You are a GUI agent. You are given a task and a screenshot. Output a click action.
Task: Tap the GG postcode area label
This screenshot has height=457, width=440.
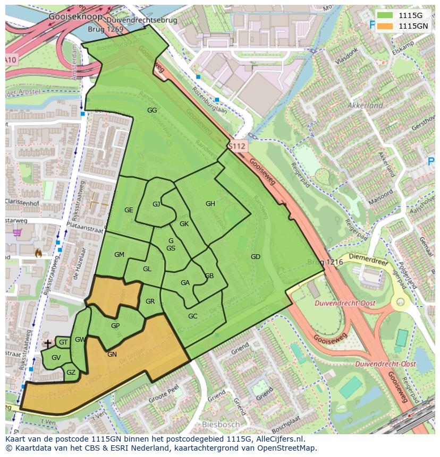[x=152, y=110]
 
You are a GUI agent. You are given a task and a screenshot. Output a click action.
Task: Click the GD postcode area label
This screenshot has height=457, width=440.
[x=256, y=257]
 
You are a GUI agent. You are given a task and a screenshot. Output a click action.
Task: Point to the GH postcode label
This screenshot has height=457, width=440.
[x=210, y=204]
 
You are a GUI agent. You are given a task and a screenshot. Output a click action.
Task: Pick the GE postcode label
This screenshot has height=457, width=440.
[x=129, y=210]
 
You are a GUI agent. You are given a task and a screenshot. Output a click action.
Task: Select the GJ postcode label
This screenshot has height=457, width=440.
[x=156, y=204]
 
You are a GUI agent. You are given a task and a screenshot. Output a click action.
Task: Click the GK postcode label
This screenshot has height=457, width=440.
[x=184, y=224]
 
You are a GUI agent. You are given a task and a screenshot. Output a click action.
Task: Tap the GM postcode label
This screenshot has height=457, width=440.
[x=119, y=255]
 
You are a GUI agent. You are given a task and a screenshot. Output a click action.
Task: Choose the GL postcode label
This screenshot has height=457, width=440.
[x=147, y=269]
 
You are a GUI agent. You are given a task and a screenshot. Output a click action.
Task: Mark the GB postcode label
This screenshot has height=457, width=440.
[x=209, y=276]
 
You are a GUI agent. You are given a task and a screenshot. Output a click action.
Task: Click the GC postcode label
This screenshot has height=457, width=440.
[x=192, y=316]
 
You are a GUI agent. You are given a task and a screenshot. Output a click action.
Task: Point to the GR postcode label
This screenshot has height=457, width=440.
[x=150, y=301]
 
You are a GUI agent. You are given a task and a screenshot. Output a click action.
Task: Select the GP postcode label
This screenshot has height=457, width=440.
[x=115, y=326]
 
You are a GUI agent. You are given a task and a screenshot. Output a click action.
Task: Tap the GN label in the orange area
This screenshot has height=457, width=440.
[x=112, y=355]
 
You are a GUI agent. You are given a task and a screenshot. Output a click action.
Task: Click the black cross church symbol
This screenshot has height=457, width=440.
[x=48, y=344]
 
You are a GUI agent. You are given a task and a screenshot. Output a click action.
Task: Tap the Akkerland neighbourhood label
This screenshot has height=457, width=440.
[x=365, y=106]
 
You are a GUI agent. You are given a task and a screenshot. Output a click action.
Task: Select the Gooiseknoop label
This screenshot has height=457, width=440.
[x=67, y=17]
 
